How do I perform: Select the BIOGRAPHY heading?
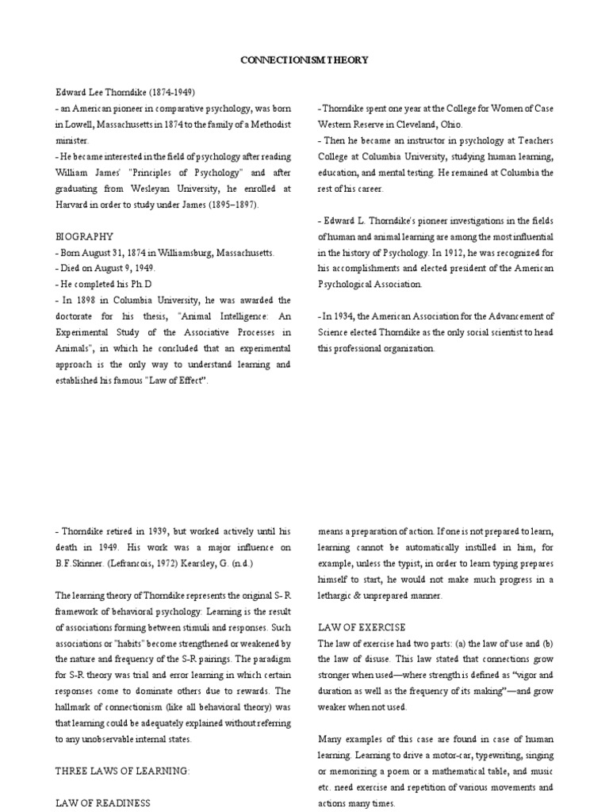[85, 236]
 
